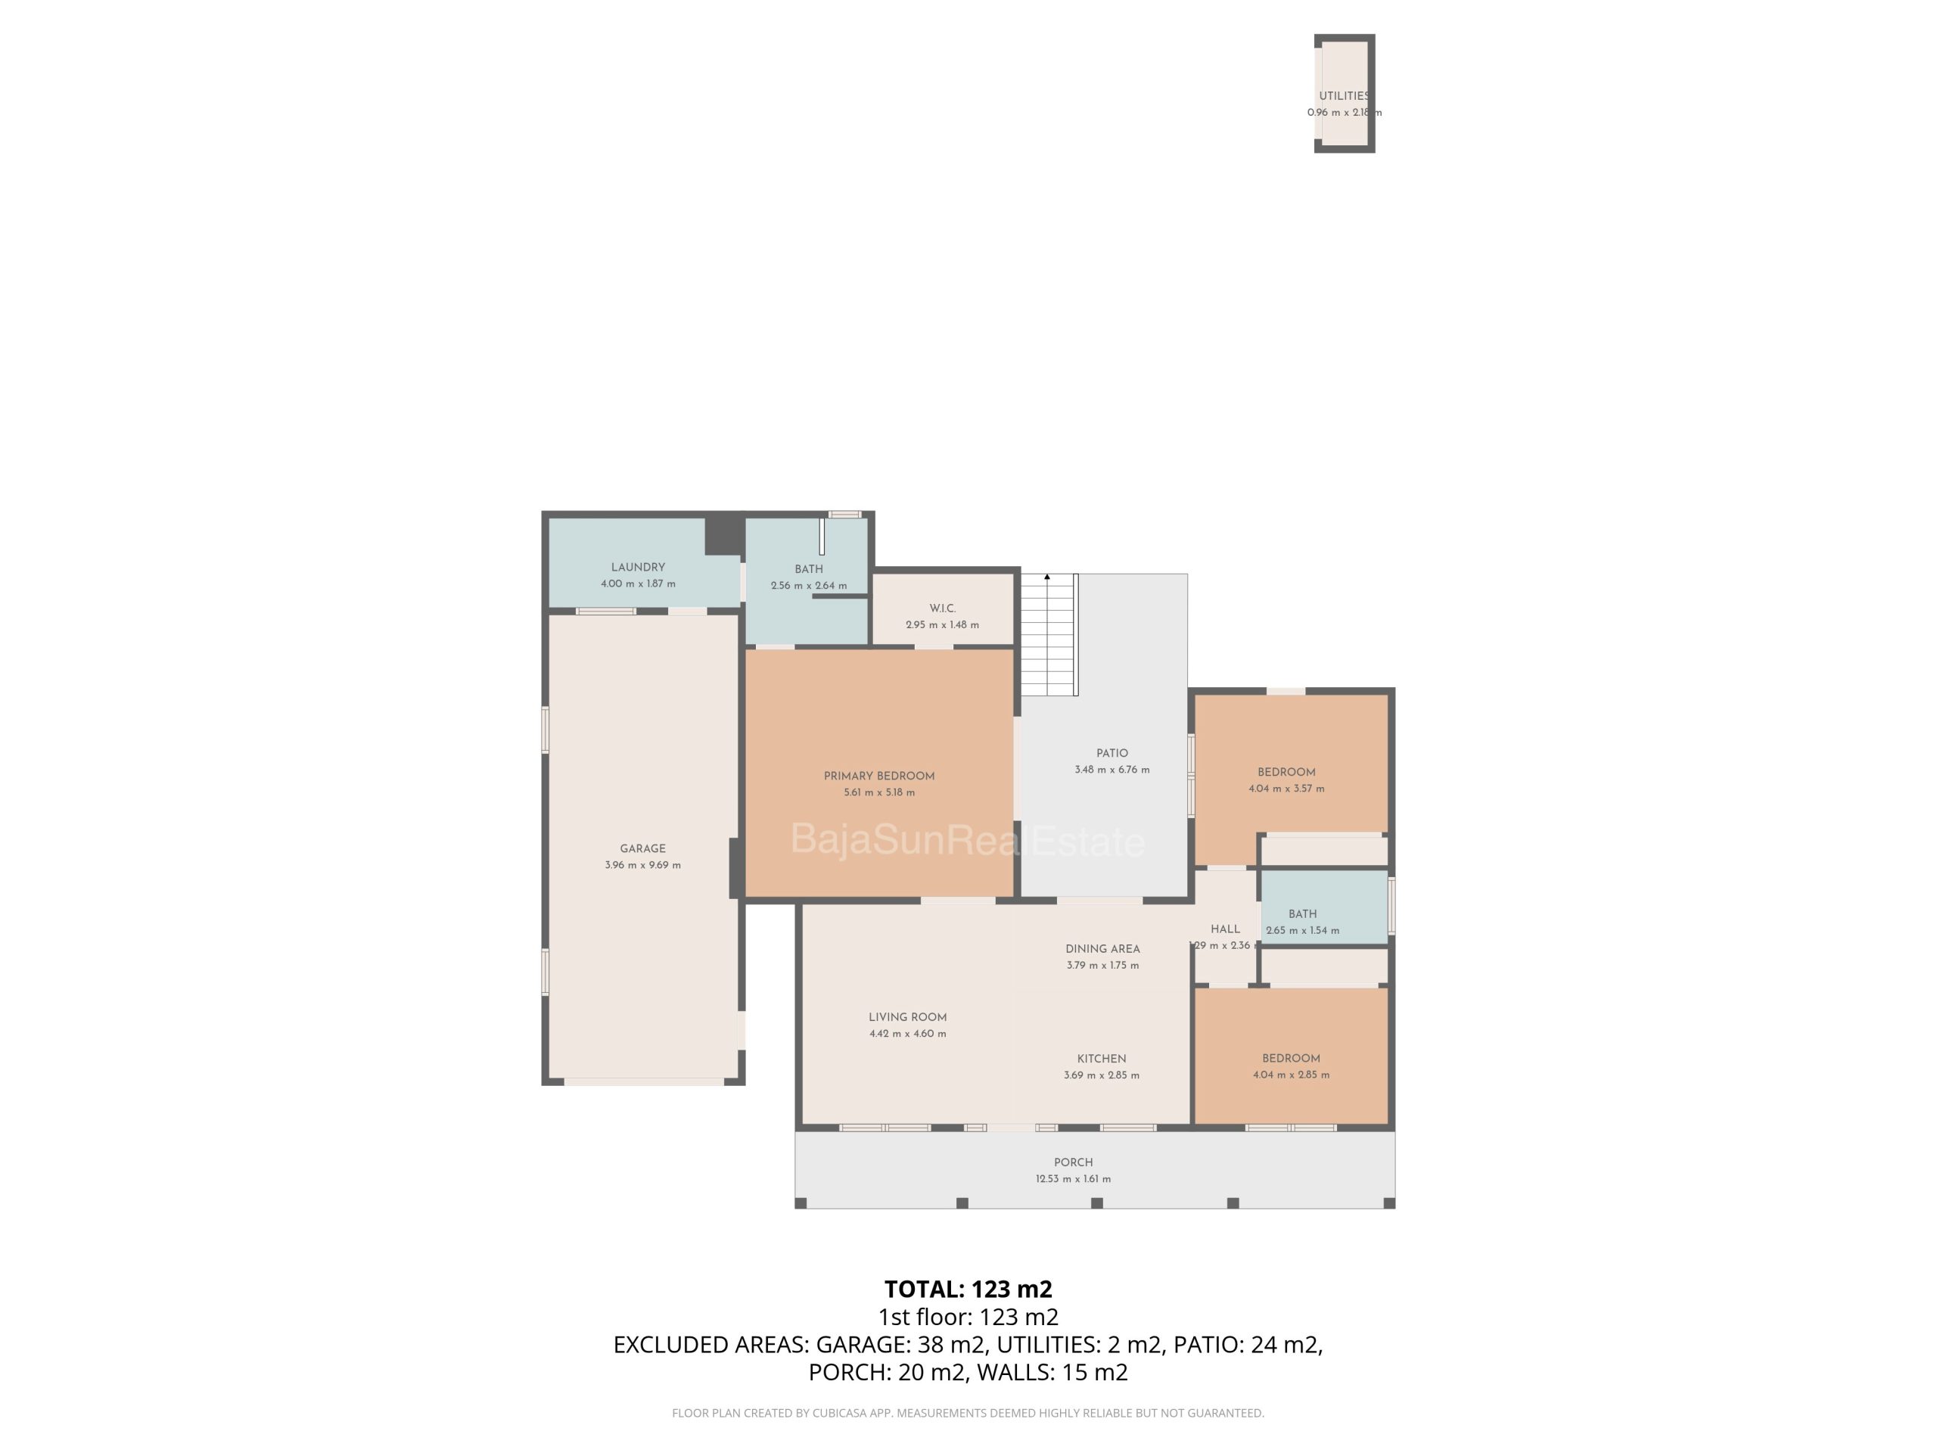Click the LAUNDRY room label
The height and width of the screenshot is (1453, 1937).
tap(638, 567)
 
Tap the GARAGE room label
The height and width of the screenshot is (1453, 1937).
tap(642, 848)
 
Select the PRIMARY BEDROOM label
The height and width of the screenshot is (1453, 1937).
tap(879, 775)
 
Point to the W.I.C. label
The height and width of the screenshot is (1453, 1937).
tap(942, 608)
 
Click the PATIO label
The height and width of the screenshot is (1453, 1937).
tap(1112, 752)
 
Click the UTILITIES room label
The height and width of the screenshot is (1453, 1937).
tap(1344, 95)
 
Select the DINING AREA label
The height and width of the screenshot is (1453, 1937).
tap(1102, 948)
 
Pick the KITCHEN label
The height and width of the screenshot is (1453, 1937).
tap(1102, 1058)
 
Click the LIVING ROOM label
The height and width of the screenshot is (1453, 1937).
tap(907, 1017)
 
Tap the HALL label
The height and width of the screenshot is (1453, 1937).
tap(1225, 929)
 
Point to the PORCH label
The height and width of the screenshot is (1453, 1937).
tap(1074, 1162)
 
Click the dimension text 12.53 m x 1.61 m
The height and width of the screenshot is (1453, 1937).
tap(1074, 1179)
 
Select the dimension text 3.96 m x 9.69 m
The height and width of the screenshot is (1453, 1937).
tap(642, 864)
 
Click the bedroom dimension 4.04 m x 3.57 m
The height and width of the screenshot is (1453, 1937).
tap(1286, 789)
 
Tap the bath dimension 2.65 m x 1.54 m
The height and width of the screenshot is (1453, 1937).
tap(1302, 930)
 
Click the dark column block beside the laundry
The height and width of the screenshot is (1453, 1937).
tap(724, 535)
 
